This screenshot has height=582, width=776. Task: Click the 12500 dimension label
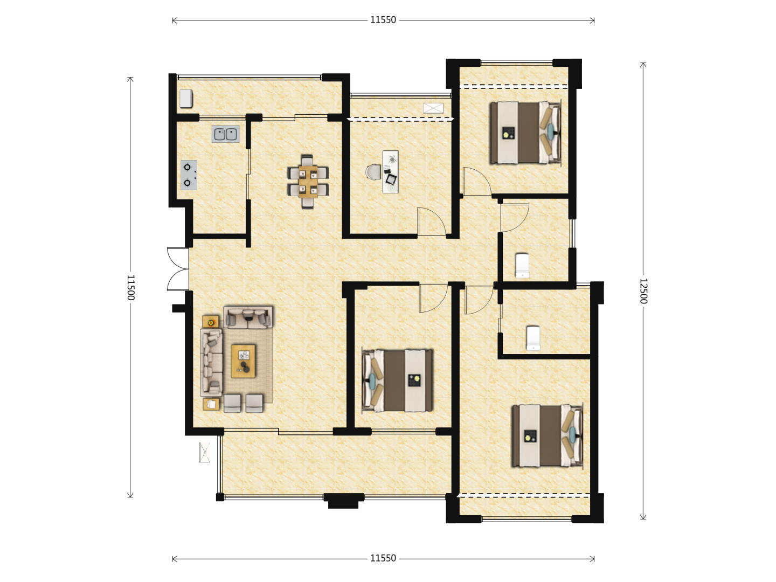tap(643, 291)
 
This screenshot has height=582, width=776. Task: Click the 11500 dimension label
tap(130, 287)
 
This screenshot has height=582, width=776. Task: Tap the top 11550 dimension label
tap(383, 20)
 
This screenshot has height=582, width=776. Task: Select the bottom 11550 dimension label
tap(383, 559)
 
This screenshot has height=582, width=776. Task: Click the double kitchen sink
tap(226, 134)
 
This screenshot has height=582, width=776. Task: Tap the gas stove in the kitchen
tap(189, 175)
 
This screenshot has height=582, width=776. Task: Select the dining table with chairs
tap(308, 182)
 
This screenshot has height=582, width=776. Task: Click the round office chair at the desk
tap(373, 172)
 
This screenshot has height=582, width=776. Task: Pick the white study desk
tap(390, 172)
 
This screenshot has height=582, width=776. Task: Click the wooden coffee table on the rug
tap(243, 361)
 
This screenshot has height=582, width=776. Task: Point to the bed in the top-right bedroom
tap(525, 133)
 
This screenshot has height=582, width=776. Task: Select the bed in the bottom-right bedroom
tap(548, 436)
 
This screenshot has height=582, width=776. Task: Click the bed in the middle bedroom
tap(397, 380)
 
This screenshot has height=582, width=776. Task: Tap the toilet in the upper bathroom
tap(522, 265)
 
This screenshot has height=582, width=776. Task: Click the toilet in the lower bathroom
tap(533, 338)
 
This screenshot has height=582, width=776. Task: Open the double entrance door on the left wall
tap(178, 269)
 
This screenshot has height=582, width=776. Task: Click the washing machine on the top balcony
tap(186, 98)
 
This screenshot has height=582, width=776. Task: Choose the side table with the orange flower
tap(211, 322)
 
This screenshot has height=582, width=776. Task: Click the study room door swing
tap(432, 221)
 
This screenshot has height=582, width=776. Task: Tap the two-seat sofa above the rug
tap(248, 317)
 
